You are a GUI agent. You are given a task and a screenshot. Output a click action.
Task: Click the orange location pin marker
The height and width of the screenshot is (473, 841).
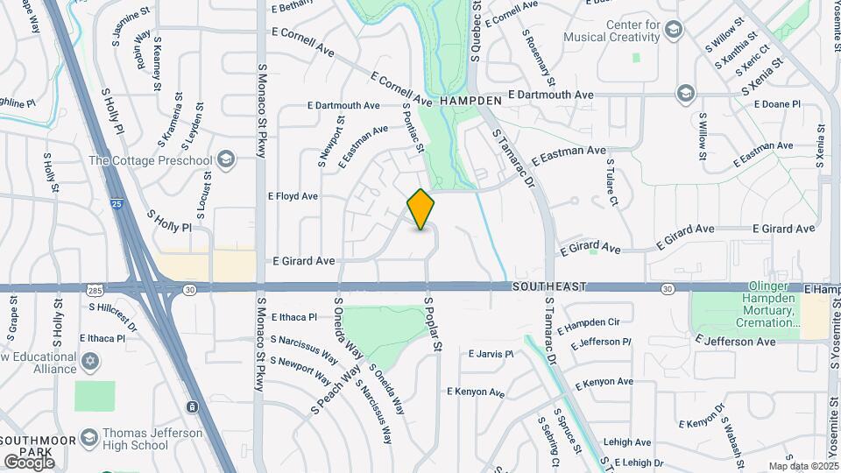421,209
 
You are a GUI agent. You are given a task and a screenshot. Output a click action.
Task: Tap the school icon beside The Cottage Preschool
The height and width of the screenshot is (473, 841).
226,159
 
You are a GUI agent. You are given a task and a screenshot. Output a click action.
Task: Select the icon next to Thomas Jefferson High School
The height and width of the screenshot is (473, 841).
88,437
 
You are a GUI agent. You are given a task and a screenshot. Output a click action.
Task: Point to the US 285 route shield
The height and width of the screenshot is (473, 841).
95,289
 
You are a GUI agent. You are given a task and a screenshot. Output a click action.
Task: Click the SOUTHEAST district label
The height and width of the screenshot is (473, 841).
549,287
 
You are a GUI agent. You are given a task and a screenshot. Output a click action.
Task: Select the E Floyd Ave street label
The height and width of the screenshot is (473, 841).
293,196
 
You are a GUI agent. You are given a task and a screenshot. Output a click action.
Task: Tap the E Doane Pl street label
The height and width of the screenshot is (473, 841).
775,104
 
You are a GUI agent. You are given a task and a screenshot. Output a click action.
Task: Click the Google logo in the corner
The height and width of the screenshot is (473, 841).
29,462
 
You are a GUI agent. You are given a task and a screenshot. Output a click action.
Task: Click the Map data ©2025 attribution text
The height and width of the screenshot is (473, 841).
802,466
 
